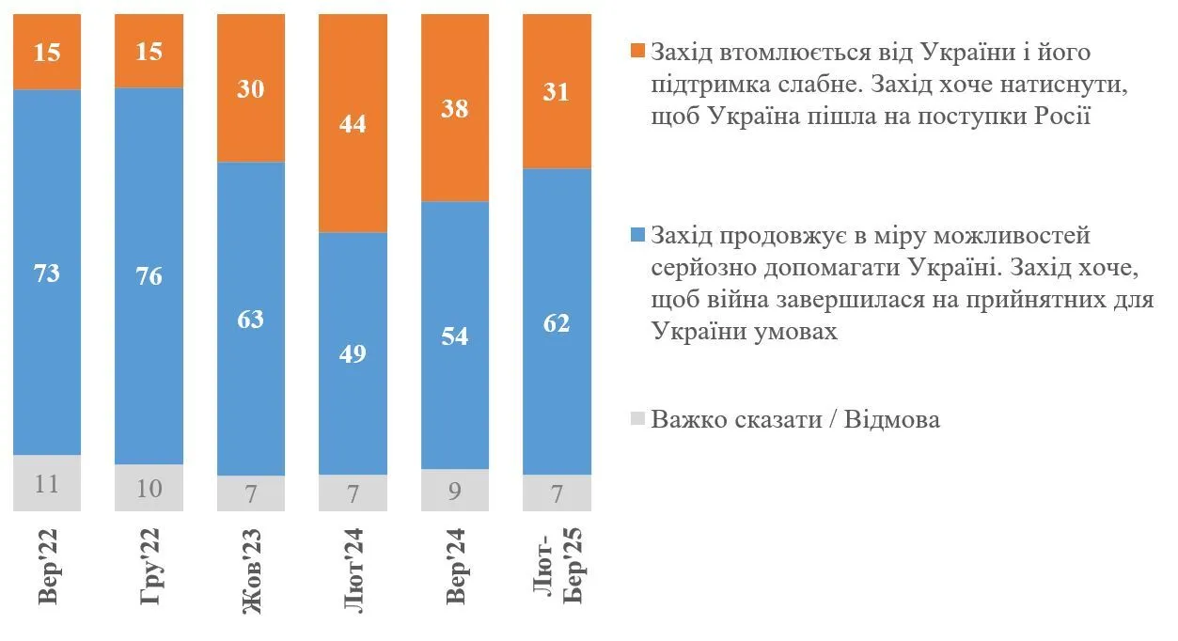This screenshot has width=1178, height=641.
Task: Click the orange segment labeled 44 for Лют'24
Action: click(x=353, y=123)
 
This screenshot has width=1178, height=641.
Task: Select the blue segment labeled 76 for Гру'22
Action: click(x=149, y=276)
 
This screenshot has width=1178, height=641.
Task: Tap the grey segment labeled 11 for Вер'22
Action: click(x=47, y=484)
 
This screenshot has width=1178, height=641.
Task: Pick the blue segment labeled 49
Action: click(x=353, y=353)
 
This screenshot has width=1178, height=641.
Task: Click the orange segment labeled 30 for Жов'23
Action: click(x=251, y=88)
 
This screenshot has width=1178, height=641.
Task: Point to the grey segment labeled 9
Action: click(x=456, y=490)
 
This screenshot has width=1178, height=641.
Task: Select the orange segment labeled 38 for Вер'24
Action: click(x=456, y=108)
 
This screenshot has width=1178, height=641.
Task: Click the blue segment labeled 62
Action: click(x=558, y=321)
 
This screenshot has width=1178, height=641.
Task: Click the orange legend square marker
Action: click(x=637, y=53)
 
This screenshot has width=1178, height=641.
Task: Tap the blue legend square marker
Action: click(x=637, y=236)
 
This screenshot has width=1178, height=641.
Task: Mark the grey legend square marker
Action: click(x=637, y=420)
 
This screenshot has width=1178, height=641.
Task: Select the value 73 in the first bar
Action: click(x=47, y=274)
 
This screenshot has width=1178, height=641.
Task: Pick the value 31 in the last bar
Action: click(x=558, y=92)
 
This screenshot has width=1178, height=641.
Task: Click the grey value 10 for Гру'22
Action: click(x=149, y=488)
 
